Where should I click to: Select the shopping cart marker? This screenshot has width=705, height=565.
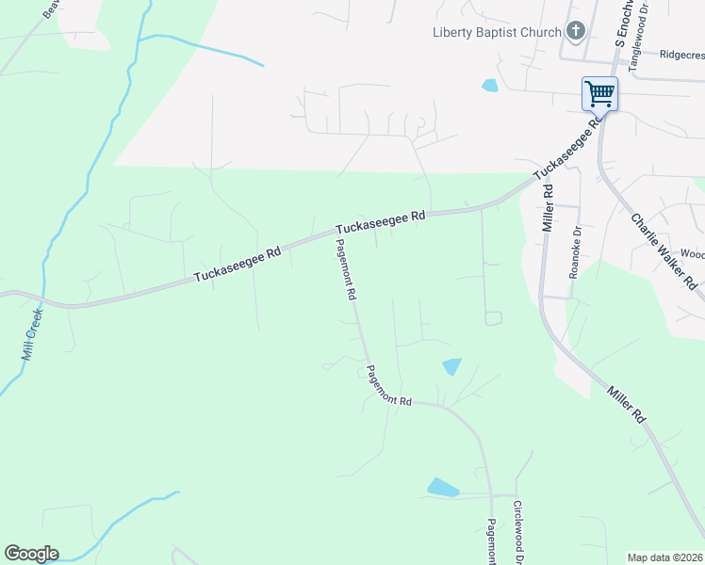point(599,93)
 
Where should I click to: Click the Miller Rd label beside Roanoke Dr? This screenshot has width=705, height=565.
point(548,207)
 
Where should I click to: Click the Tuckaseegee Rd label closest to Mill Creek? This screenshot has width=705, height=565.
point(238,265)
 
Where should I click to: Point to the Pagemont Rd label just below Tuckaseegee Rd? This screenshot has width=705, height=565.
point(344,268)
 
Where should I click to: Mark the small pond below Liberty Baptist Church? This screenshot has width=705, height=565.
point(490,86)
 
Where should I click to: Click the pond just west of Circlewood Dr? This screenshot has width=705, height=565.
point(442,488)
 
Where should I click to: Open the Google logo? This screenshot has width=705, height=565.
point(31,554)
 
